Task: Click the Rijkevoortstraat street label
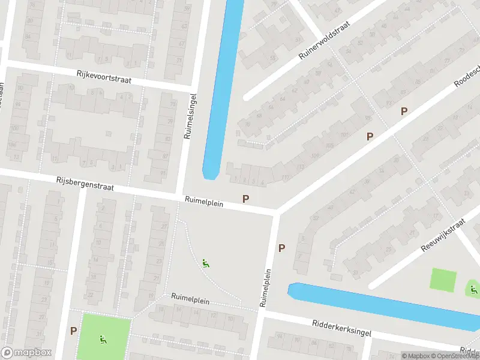click(103, 76)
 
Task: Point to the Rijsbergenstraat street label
click(85, 184)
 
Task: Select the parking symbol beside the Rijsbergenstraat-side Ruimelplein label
click(245, 199)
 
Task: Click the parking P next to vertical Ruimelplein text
click(281, 247)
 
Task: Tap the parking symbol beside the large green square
click(73, 330)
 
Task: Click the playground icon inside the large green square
click(103, 339)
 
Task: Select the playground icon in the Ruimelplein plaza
click(205, 262)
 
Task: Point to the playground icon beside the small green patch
click(473, 290)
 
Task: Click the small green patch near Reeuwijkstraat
click(443, 279)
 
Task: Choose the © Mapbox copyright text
click(416, 356)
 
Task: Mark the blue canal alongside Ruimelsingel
click(222, 84)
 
